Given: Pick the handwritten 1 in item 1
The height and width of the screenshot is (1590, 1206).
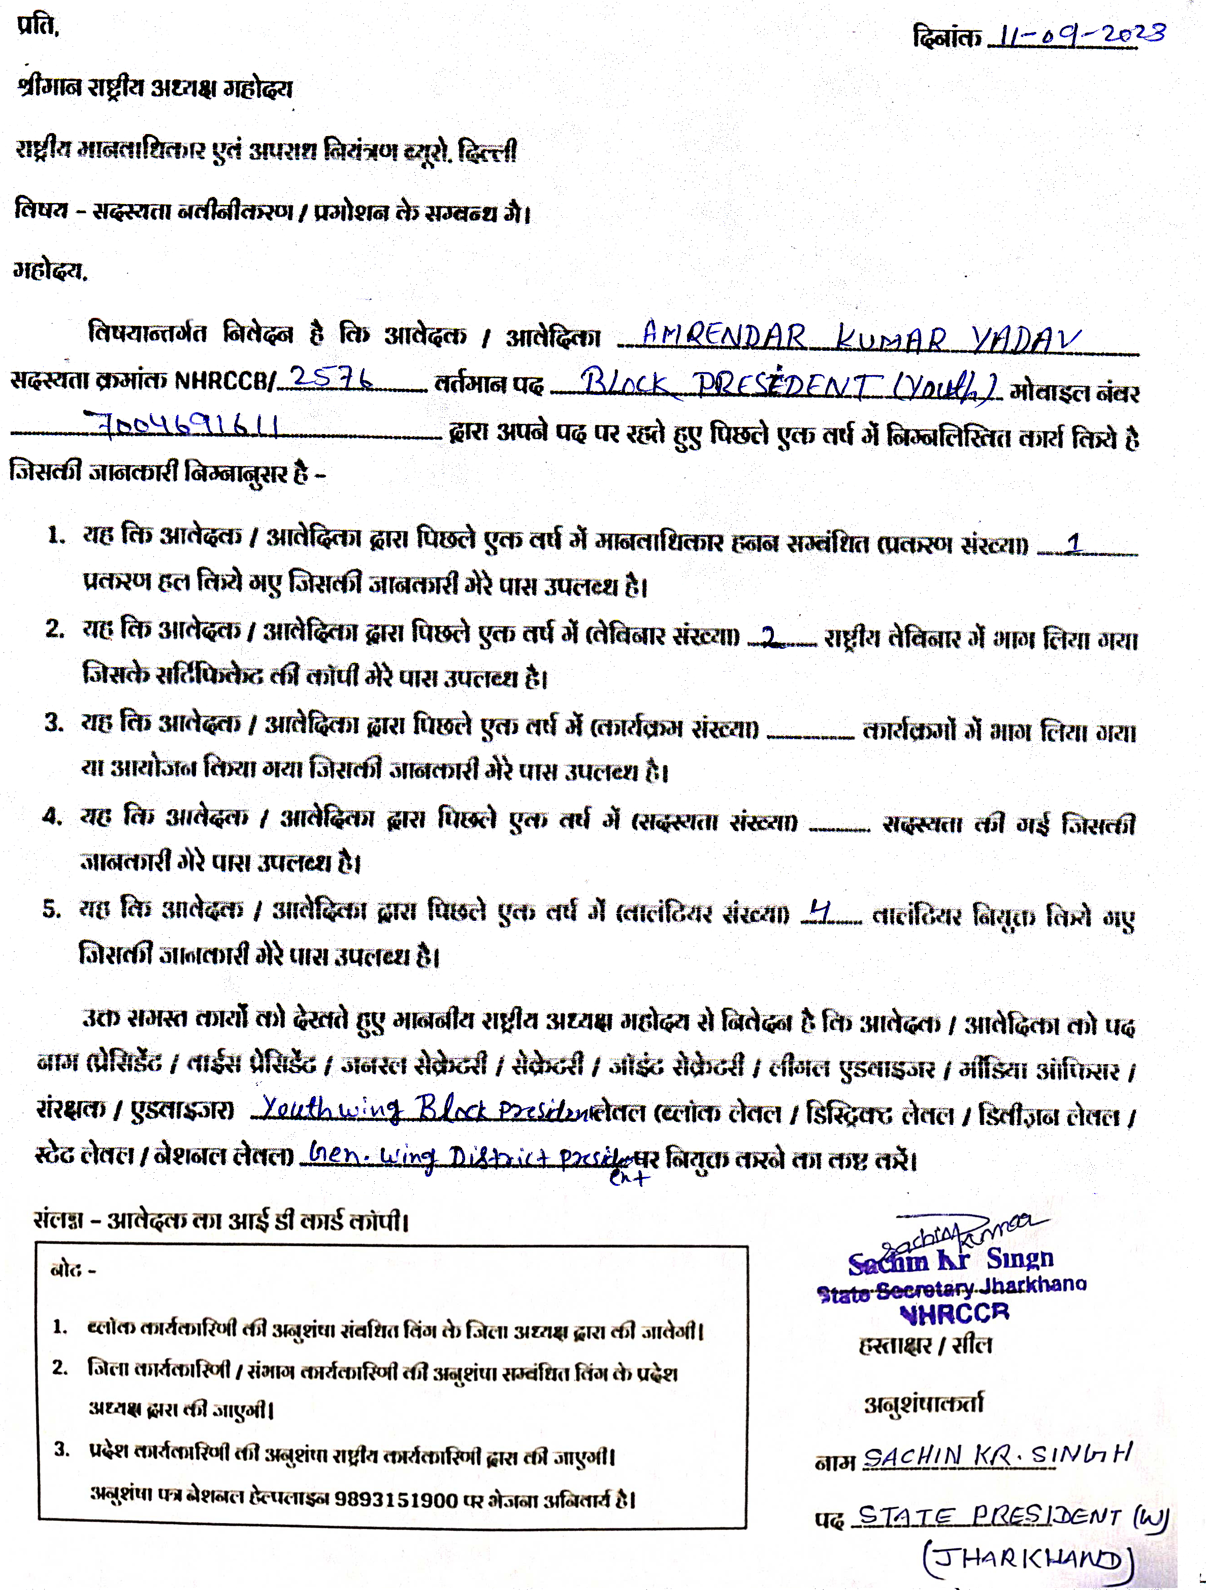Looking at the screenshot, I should (1073, 543).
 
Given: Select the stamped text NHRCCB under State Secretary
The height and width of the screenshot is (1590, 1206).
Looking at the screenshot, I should (954, 1313).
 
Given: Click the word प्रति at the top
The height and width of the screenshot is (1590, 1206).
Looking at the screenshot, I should (38, 26).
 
